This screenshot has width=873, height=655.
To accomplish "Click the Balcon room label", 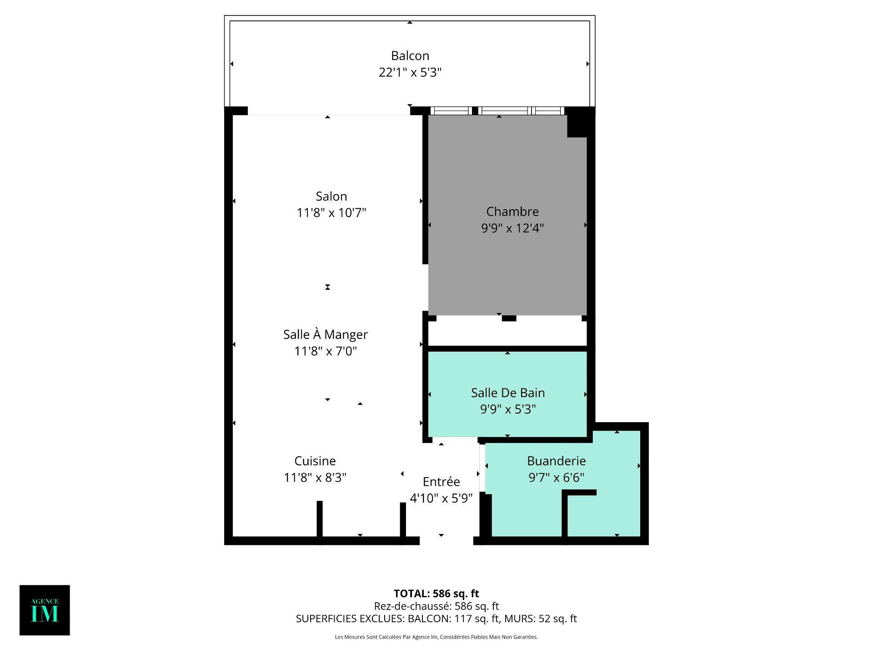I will click(410, 55).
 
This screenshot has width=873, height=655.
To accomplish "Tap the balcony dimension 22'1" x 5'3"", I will click(410, 72).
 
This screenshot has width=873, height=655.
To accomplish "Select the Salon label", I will click(331, 196).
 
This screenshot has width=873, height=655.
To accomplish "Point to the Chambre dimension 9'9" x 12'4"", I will click(512, 228).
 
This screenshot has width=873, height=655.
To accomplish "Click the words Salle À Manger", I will click(325, 334).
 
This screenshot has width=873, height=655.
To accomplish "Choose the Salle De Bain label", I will click(507, 393).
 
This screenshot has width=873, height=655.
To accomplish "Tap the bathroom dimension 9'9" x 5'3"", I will click(507, 409).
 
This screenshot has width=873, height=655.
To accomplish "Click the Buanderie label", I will click(556, 461).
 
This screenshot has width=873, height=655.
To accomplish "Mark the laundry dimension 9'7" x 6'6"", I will click(556, 478).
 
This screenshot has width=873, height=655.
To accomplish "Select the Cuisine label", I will click(315, 461).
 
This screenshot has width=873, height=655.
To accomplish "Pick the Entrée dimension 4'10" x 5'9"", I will click(441, 499).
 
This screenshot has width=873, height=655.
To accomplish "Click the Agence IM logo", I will click(45, 610).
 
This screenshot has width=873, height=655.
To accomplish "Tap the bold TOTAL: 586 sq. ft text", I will click(436, 594).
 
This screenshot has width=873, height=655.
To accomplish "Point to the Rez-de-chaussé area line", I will click(436, 606).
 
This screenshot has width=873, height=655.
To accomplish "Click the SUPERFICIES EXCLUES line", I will click(436, 619).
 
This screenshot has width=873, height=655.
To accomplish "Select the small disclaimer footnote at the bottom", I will click(436, 637).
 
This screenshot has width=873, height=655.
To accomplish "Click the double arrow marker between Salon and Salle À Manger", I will click(327, 287).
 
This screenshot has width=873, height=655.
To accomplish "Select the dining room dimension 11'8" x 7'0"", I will click(325, 351).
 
